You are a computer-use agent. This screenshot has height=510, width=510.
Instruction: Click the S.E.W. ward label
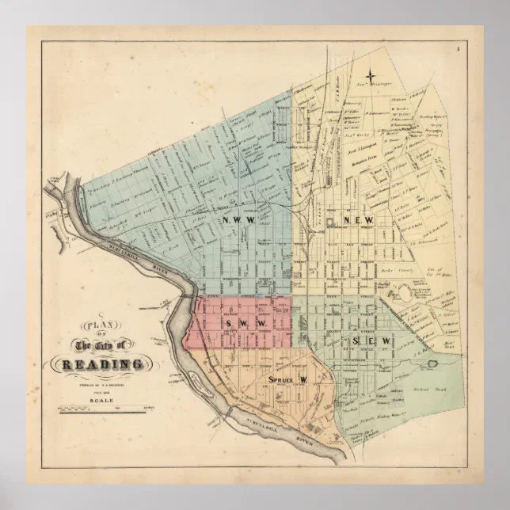point(372,341)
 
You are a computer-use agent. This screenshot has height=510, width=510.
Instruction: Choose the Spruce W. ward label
point(287,380)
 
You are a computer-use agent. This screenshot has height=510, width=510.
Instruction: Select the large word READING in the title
point(99,364)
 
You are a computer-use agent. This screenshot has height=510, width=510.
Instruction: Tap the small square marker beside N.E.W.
point(328,221)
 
